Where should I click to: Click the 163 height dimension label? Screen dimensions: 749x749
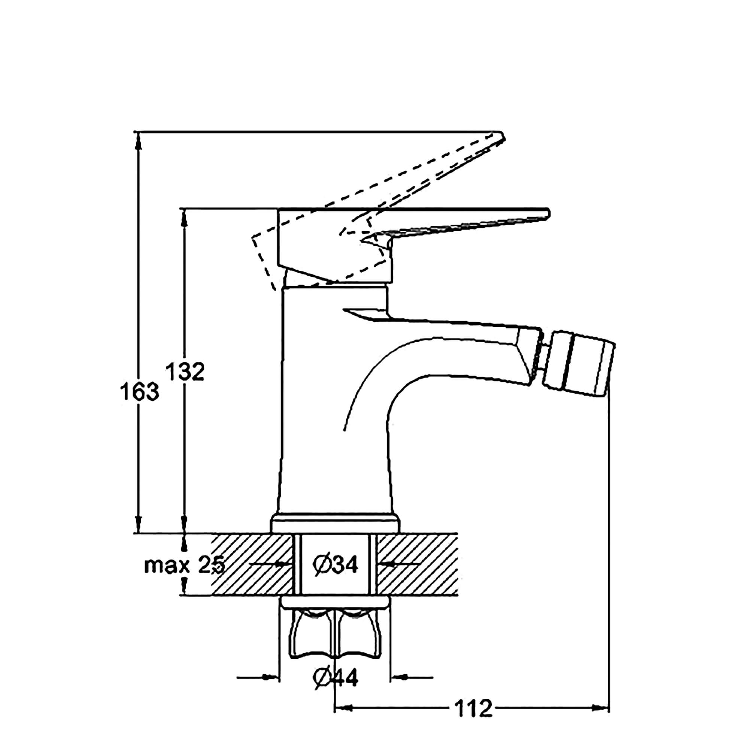[139, 392]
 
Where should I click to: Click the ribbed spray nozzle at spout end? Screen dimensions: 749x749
[577, 368]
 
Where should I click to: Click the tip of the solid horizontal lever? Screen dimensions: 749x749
[548, 214]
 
